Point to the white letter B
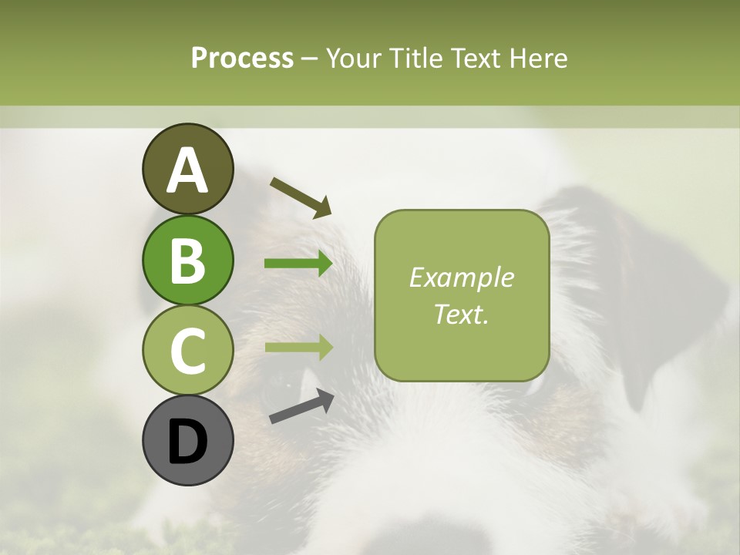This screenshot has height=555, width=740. pos(187,261)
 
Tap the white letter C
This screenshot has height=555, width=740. pos(187,351)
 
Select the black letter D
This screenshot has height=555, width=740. pos(187,442)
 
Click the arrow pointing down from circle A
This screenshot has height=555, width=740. pos(301,197)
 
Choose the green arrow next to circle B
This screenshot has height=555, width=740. pos(298,264)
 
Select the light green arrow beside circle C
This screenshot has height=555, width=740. pos(298,347)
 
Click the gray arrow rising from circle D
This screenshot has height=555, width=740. pos(301,407)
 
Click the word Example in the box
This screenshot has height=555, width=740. pos(461,277)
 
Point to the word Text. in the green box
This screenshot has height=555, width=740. pos(461,314)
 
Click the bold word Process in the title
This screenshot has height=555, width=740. pos(242,58)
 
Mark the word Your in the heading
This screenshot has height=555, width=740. pos(355,58)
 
